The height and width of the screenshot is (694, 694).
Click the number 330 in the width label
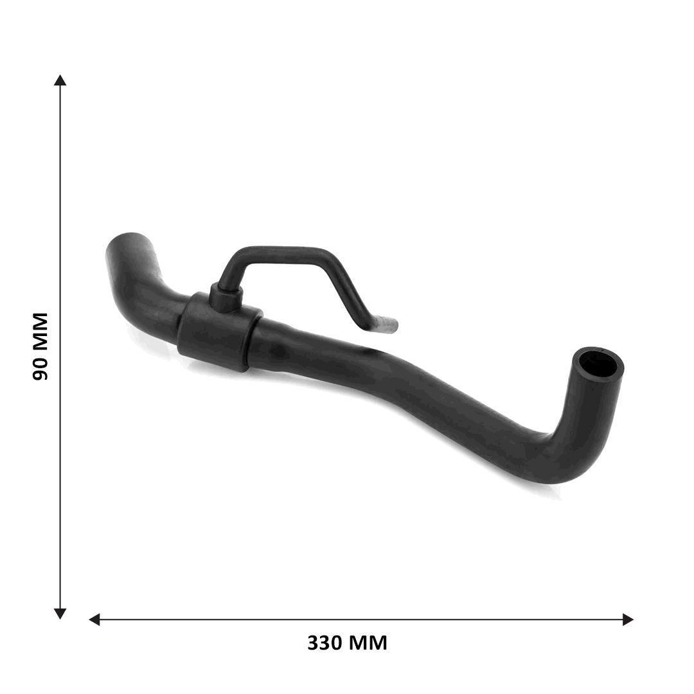[324, 643]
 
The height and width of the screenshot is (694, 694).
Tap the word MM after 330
[367, 643]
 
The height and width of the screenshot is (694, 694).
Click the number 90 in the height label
[40, 369]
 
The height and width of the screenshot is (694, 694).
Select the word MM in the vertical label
[40, 332]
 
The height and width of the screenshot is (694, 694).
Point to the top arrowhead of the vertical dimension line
[60, 80]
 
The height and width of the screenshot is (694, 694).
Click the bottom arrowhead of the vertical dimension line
[60, 614]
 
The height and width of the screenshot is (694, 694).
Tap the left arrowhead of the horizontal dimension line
[94, 619]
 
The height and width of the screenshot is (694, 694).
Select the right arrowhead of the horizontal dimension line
[628, 619]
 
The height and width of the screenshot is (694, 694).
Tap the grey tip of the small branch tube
[386, 325]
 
